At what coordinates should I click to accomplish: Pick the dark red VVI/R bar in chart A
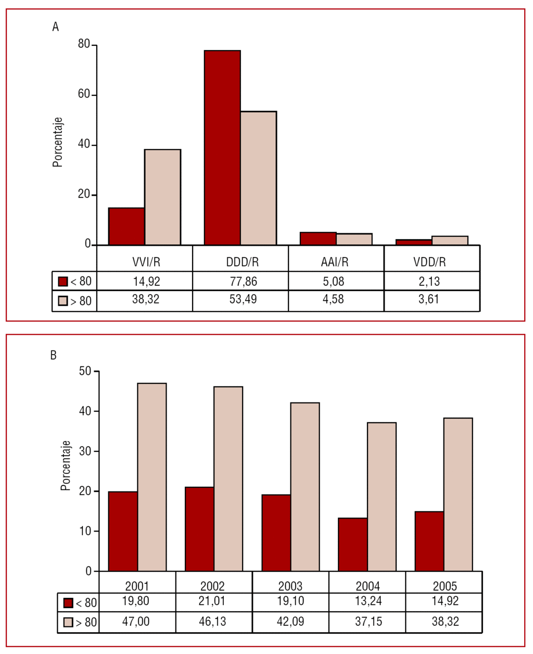[126, 226]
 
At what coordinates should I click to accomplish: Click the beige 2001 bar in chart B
[152, 477]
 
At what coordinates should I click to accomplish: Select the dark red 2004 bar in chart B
[353, 544]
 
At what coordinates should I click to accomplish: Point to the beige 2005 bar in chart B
[458, 494]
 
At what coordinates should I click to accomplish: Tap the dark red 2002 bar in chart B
[199, 529]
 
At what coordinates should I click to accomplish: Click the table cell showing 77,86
[244, 282]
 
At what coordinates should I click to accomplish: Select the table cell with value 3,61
[429, 299]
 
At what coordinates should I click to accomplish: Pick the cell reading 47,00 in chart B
[136, 622]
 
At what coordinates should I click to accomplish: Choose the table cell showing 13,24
[368, 601]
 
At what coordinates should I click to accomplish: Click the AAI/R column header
[335, 262]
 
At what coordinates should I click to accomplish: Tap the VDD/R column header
[429, 262]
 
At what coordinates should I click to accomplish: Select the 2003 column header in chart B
[290, 586]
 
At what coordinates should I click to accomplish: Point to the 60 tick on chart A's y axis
[84, 95]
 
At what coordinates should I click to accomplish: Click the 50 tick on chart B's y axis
[85, 371]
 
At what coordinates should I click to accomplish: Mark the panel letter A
[56, 27]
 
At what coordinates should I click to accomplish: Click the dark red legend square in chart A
[63, 282]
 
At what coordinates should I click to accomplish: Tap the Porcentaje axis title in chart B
[65, 465]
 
